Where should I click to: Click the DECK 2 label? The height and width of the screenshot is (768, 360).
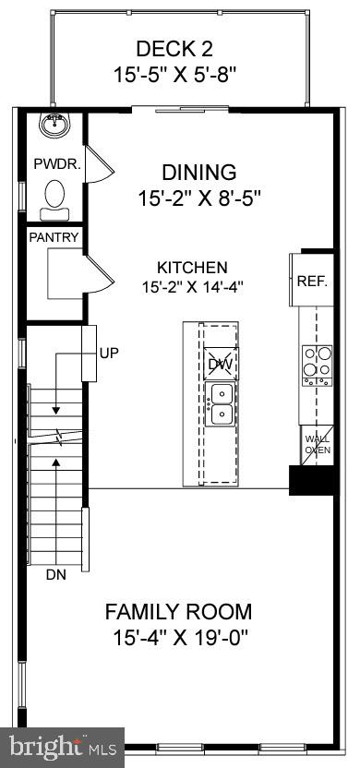(179, 49)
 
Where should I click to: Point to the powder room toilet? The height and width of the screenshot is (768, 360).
(55, 197)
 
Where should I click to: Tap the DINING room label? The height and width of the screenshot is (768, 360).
(198, 173)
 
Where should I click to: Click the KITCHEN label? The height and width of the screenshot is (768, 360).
(191, 267)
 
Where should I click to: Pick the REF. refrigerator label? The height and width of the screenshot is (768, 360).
(313, 281)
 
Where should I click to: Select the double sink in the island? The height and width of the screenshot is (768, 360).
(221, 405)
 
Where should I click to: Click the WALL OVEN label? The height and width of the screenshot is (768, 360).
(317, 444)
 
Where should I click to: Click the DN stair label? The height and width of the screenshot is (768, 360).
(56, 574)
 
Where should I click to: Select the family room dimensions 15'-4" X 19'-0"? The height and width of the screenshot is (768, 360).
(182, 636)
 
